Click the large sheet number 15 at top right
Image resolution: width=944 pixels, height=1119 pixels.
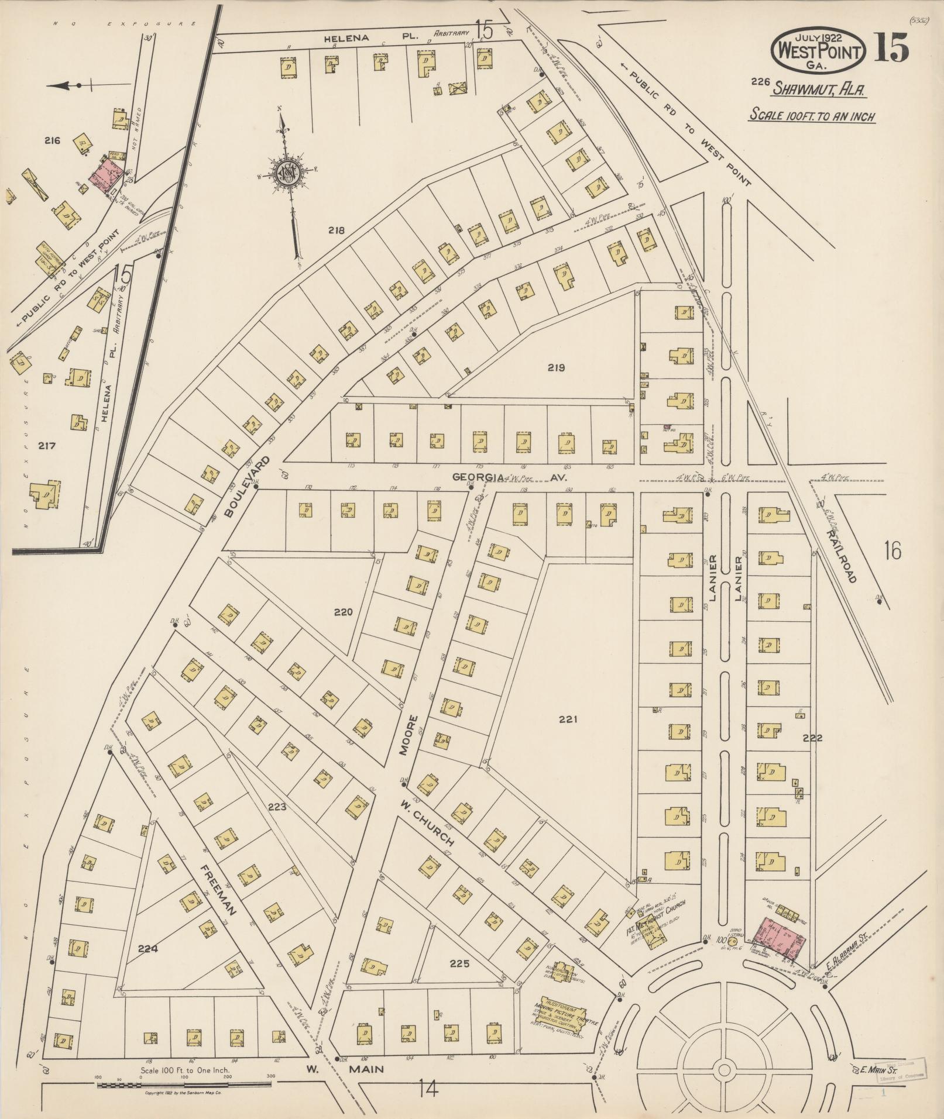click(x=892, y=47)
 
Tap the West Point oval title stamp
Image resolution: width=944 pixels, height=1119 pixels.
click(x=819, y=51)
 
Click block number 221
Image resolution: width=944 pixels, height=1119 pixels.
click(x=567, y=719)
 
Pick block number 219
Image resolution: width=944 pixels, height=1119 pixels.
click(x=555, y=368)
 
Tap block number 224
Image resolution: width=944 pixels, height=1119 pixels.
click(x=148, y=949)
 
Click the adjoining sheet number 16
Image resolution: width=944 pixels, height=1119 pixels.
click(x=892, y=551)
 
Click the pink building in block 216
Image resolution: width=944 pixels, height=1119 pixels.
click(x=108, y=174)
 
